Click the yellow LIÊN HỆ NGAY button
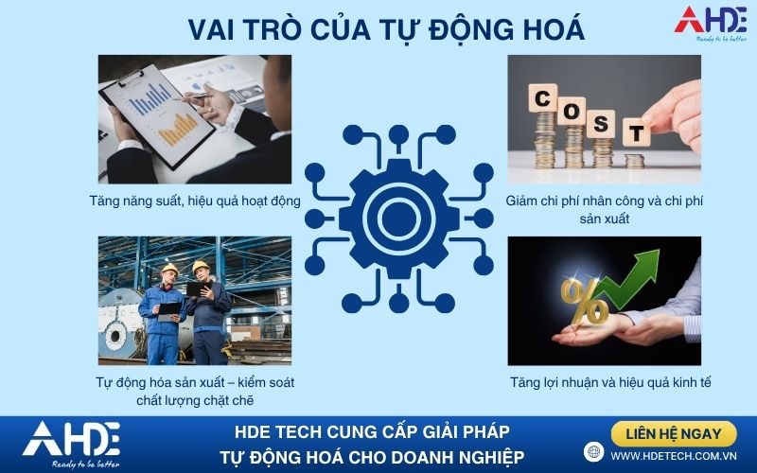(x=674, y=433)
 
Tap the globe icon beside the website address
(x=594, y=452)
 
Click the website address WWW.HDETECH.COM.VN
(x=674, y=456)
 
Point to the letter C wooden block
(x=542, y=98)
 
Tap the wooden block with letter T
(x=636, y=132)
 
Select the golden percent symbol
(x=583, y=302)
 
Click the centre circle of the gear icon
(x=398, y=219)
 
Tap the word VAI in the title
(x=211, y=30)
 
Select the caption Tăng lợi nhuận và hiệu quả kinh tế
(x=610, y=383)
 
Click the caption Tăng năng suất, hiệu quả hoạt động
(x=195, y=201)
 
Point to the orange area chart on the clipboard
(x=178, y=130)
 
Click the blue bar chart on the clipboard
(x=150, y=98)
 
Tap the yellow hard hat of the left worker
(x=169, y=269)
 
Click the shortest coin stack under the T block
(x=634, y=161)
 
